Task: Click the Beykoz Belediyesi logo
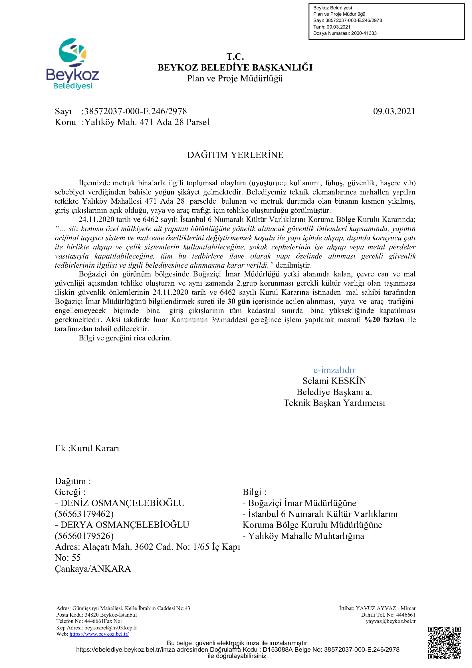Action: (72, 64)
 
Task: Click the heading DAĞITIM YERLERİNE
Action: (235, 155)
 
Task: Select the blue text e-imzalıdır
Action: (334, 370)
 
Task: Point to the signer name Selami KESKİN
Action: (334, 381)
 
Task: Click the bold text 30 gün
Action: (239, 301)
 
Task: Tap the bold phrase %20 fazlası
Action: (384, 320)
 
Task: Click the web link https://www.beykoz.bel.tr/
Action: (99, 634)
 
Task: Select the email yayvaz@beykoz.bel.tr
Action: (390, 621)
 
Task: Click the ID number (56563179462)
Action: (84, 514)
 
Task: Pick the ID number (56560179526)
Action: (84, 536)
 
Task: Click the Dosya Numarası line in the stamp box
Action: (345, 33)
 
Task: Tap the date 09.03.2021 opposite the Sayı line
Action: (394, 111)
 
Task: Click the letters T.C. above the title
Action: (235, 57)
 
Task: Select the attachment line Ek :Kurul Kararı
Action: (87, 448)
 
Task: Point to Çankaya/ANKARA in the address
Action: (93, 569)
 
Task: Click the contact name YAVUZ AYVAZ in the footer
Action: (376, 608)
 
